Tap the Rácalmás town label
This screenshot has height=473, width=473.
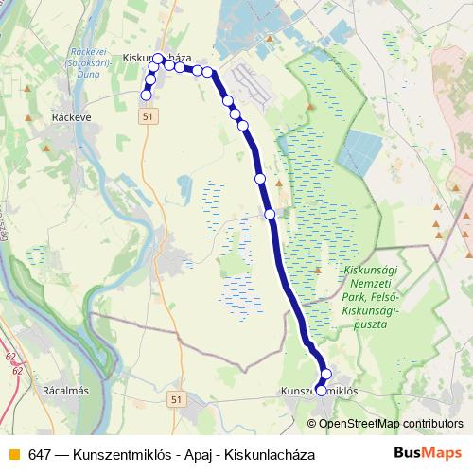point(65,389)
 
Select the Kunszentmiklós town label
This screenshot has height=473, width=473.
point(319,390)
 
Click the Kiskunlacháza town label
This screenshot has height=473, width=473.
point(157,58)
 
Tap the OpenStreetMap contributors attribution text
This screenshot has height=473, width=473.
point(391,423)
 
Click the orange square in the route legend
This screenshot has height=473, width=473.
point(12,454)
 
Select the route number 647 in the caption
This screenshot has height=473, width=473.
point(39,454)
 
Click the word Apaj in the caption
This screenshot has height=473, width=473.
point(190,454)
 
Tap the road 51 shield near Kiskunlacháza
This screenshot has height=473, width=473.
point(147,115)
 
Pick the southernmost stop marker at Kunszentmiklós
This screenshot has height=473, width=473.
point(321,390)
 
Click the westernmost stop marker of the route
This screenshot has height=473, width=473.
point(146,95)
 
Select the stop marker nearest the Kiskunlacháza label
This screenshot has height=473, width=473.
point(159,58)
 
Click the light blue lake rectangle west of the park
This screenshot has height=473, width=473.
point(360,152)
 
